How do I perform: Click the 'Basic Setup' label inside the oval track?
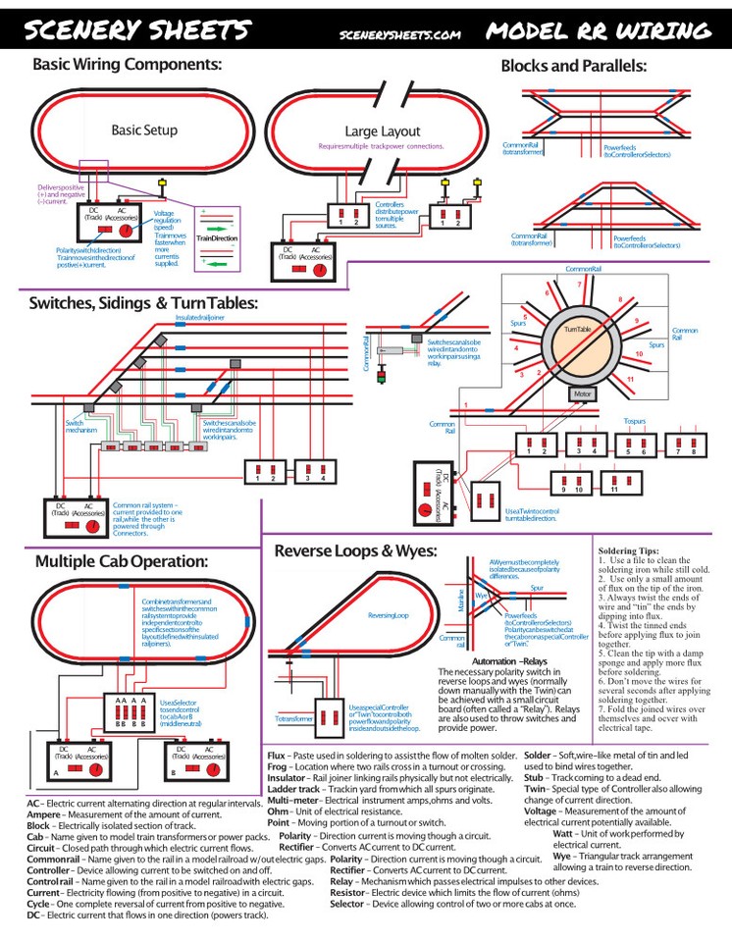[x=144, y=130]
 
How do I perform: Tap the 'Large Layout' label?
[x=382, y=131]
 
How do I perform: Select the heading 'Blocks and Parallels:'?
[x=573, y=66]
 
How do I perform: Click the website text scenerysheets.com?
[x=399, y=33]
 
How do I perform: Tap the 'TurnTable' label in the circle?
[x=577, y=331]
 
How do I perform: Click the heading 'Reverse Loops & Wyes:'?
[x=354, y=550]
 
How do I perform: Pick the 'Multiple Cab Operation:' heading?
[x=121, y=561]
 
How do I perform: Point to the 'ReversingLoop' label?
[x=388, y=614]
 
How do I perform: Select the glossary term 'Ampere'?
[x=47, y=813]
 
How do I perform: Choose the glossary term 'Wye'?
[x=562, y=856]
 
